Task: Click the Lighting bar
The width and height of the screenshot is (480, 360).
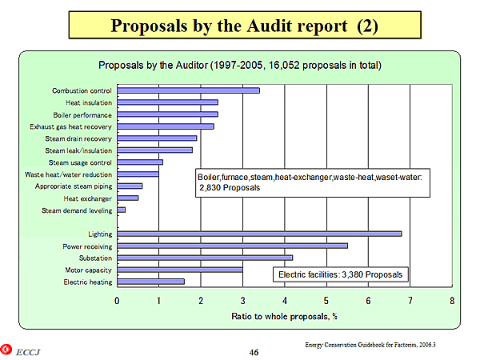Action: [x=259, y=234]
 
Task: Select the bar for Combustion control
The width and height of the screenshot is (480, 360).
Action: [x=188, y=90]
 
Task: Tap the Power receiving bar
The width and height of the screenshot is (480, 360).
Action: [x=232, y=246]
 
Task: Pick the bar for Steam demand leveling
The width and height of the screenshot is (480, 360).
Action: [x=122, y=210]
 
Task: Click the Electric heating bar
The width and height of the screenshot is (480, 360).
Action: [x=150, y=282]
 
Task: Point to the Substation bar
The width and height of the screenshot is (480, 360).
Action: [x=205, y=258]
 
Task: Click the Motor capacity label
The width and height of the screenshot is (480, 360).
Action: [x=88, y=270]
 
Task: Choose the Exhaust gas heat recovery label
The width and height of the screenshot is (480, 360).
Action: [x=71, y=126]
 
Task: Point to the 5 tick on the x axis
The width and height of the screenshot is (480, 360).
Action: [x=326, y=301]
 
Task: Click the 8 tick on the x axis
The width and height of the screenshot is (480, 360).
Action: [x=452, y=301]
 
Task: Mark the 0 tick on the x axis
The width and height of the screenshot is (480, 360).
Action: [x=118, y=301]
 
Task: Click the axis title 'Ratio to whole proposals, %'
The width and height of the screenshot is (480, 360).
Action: [x=284, y=316]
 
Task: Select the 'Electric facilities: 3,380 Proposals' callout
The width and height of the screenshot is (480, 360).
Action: [x=341, y=275]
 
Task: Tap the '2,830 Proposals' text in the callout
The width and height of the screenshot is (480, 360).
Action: [x=230, y=187]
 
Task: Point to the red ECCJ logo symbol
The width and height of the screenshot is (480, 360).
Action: [x=8, y=350]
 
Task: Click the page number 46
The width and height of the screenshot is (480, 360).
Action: [x=253, y=351]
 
